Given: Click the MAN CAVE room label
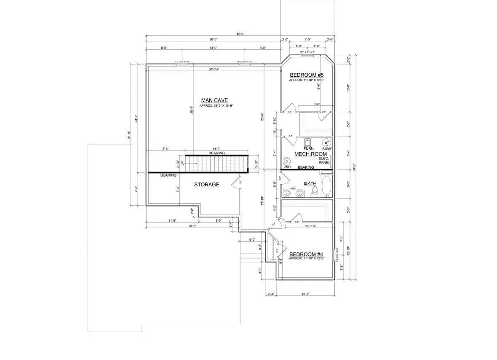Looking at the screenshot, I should coord(214,100).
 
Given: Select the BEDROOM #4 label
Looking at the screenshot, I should coord(306,254).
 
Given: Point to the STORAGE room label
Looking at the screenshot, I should coord(206,185).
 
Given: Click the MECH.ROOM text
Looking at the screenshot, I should coord(311,154).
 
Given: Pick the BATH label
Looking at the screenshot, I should coord(310,183).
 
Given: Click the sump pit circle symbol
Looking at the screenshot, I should coord(326,142).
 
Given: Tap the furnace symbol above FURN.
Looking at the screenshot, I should coord(307,142).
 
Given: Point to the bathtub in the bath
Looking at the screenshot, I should coord(327,186).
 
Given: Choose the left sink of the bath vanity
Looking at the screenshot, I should coord(287,193).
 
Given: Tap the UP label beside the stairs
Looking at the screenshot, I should coord(182,163).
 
